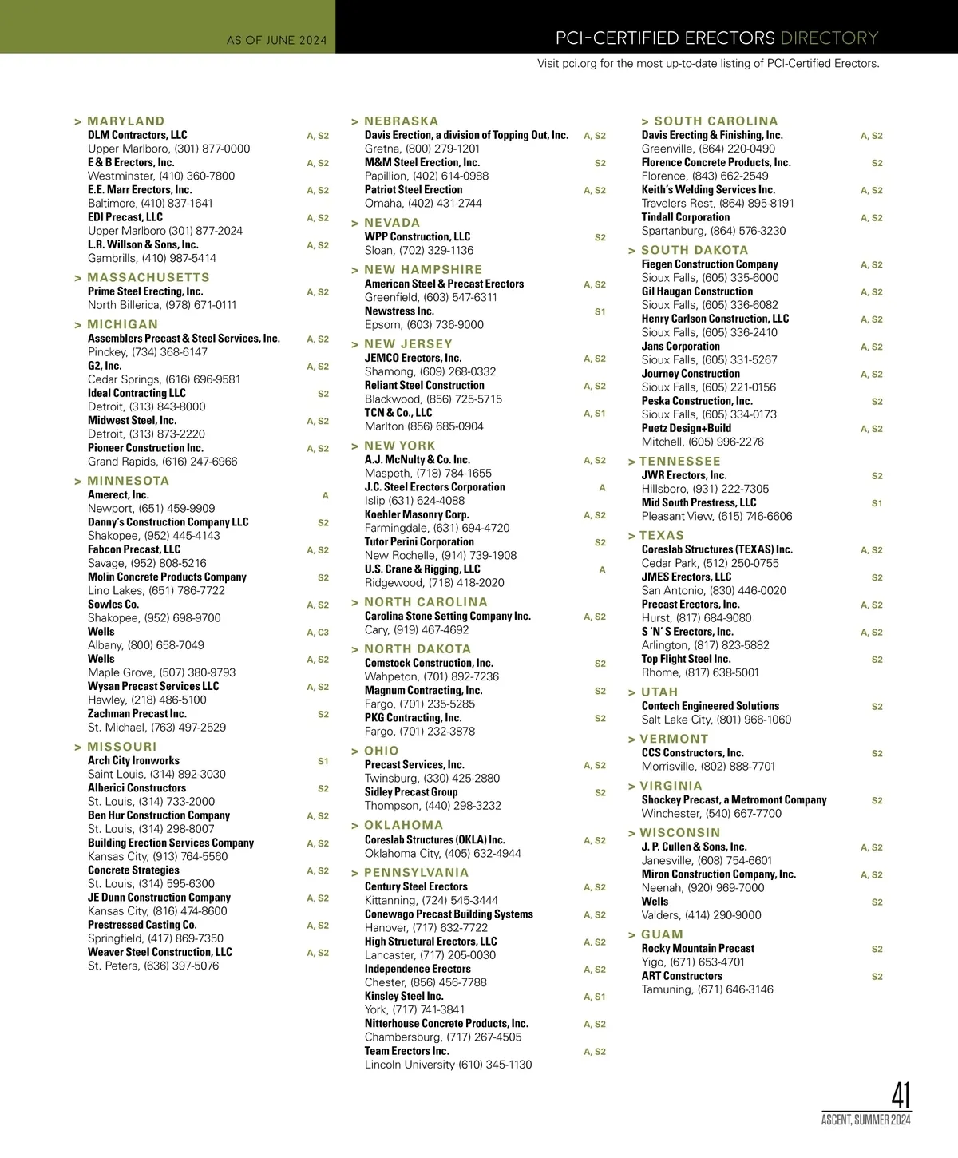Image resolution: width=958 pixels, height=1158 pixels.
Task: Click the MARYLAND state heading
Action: coord(125,121)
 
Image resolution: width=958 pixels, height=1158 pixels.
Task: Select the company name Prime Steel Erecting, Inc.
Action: coord(145,291)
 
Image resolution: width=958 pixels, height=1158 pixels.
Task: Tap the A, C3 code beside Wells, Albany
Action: coord(318,633)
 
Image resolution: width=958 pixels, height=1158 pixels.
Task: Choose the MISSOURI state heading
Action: coord(122,747)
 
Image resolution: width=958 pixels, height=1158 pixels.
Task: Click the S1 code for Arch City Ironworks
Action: coord(323,761)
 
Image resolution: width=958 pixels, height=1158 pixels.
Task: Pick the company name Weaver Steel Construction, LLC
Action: coord(160,952)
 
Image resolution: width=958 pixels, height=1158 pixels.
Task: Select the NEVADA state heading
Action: coord(392,223)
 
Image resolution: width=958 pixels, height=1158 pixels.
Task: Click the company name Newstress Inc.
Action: coord(399,311)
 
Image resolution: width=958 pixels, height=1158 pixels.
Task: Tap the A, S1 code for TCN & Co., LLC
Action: coord(595,414)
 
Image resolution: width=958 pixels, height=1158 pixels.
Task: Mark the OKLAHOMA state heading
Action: coord(403,825)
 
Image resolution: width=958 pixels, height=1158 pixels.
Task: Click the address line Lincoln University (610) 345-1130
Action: coord(448,1065)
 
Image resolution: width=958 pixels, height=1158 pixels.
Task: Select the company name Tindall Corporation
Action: coord(686,217)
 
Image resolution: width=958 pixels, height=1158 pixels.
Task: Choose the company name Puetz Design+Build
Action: coord(687,428)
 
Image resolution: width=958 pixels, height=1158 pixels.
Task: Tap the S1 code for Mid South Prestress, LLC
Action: coord(877,503)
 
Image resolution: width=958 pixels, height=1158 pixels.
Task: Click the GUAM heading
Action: coord(662,934)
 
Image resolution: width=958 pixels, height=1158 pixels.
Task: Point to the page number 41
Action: coord(901,1095)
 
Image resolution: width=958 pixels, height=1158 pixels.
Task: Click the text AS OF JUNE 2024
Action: coord(276,40)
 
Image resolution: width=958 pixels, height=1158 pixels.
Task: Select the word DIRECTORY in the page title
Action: coord(829,38)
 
